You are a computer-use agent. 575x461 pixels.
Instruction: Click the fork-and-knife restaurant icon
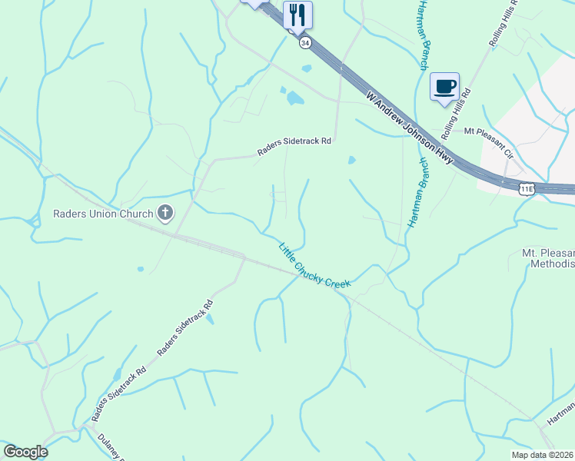(297, 15)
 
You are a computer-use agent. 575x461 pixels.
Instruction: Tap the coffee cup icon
(444, 87)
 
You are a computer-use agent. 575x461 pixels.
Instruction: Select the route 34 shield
(305, 43)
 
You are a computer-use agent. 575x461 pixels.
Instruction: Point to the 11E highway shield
(527, 188)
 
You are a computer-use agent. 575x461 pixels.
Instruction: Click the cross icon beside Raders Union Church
(165, 212)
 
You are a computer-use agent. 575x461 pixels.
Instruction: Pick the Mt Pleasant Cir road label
(487, 142)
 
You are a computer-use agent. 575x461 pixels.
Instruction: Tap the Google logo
(25, 452)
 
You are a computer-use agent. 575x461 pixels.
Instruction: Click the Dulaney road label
(112, 446)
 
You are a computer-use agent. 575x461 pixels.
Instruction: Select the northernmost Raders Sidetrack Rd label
(294, 146)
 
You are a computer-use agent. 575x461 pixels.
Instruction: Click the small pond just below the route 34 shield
(307, 68)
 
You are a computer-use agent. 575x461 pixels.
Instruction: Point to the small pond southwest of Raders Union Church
(140, 269)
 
